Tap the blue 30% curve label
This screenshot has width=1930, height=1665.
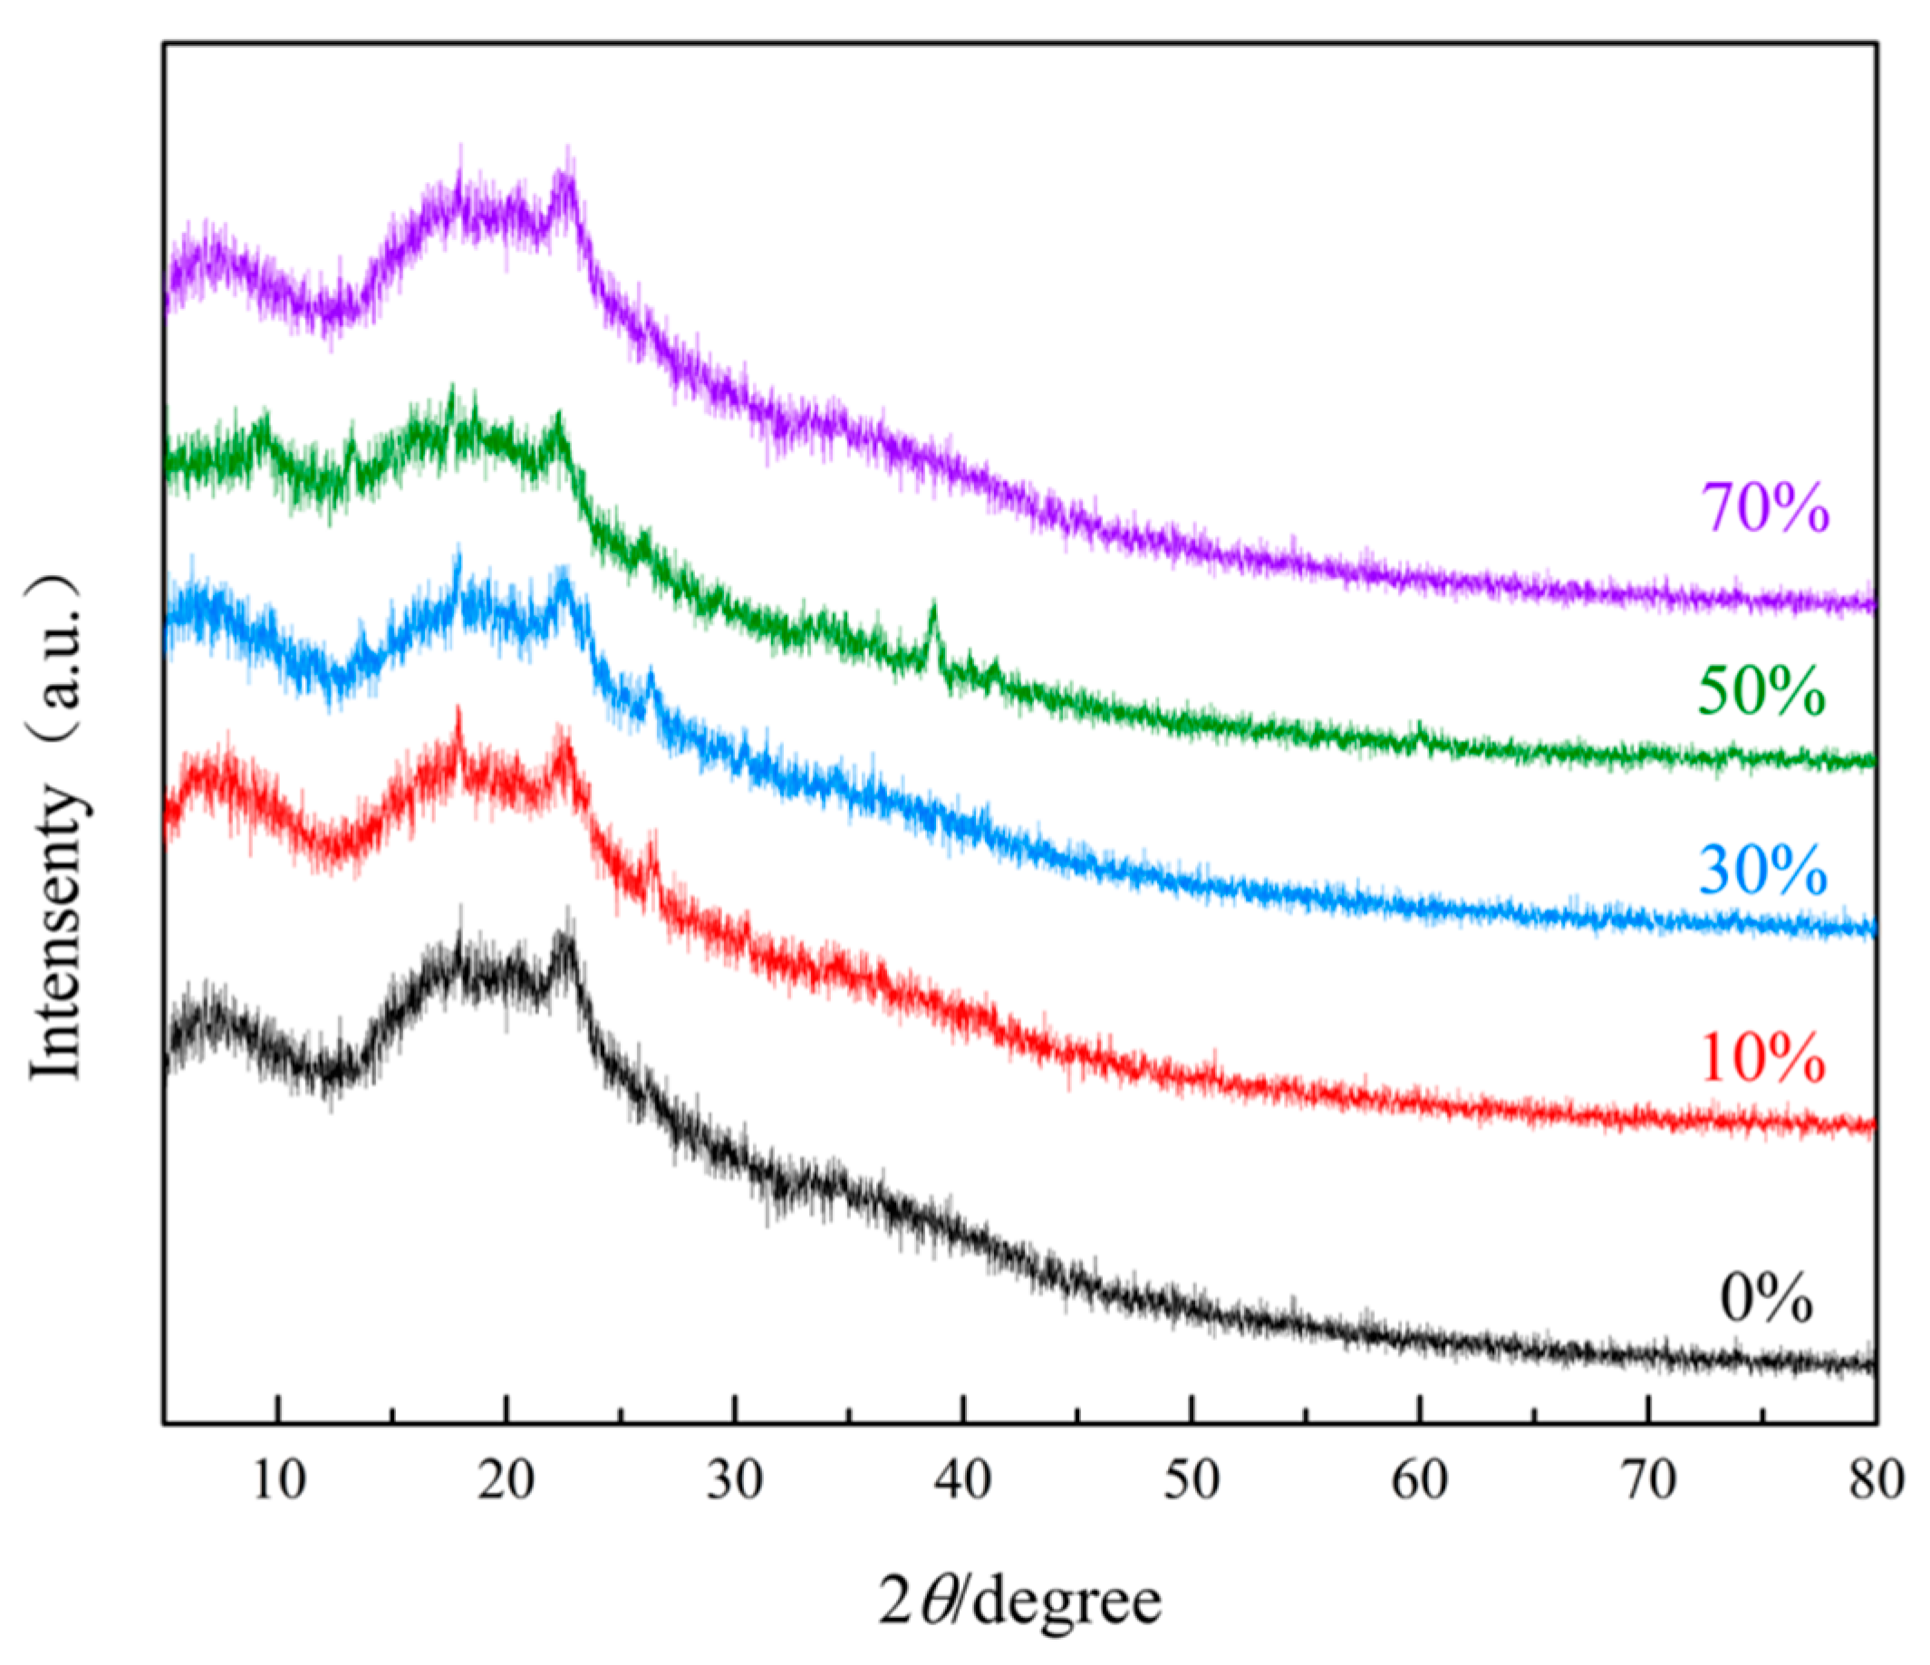1761,871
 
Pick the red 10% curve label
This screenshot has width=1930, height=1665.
1761,1059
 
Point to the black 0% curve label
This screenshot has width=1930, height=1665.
1766,1299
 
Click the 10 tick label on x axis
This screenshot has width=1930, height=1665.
278,1479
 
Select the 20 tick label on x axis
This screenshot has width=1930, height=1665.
506,1479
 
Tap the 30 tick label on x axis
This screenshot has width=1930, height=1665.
735,1479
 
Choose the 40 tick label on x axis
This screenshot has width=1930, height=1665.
963,1479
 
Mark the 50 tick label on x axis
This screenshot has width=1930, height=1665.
1192,1479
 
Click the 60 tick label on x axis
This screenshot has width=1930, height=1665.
1420,1479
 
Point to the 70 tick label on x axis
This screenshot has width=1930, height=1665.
1649,1479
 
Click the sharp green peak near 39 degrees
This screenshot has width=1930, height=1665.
933,610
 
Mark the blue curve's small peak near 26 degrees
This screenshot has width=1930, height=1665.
651,674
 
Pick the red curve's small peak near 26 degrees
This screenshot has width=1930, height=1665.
651,847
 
